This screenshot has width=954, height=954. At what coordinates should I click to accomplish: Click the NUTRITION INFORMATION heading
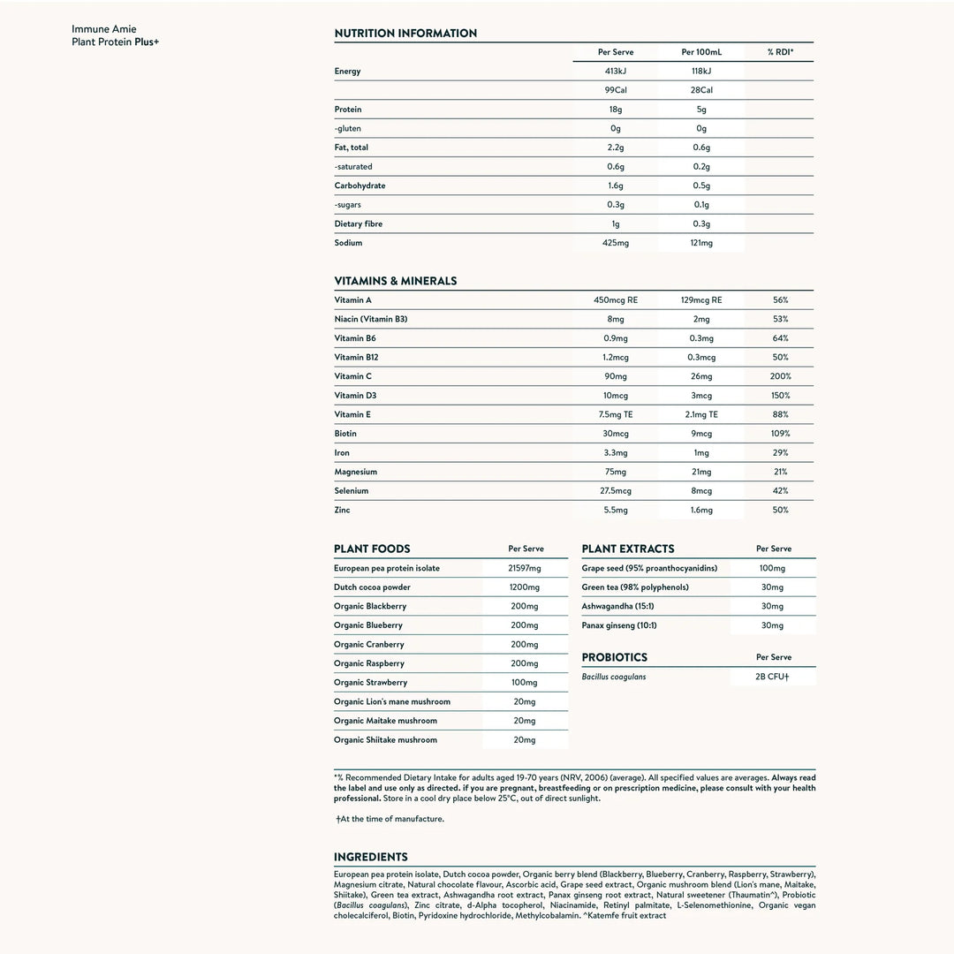(x=405, y=34)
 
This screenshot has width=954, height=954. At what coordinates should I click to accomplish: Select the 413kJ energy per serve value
(x=615, y=72)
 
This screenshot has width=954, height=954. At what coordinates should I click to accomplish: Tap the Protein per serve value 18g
(x=615, y=110)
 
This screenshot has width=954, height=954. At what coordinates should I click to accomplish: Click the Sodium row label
(x=348, y=243)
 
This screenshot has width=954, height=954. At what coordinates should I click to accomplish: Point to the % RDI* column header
(x=780, y=52)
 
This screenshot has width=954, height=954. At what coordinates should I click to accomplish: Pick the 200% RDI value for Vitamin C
(x=780, y=376)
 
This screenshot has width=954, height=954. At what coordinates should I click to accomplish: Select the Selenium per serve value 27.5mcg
(x=615, y=491)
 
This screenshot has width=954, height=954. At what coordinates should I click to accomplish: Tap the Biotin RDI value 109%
(x=780, y=434)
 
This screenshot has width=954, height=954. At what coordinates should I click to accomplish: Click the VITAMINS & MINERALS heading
(x=396, y=281)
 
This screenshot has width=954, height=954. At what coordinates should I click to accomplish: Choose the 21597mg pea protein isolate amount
(x=525, y=569)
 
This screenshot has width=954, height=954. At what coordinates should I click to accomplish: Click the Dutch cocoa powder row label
(x=372, y=587)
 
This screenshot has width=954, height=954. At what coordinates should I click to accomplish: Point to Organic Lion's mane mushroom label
(x=392, y=702)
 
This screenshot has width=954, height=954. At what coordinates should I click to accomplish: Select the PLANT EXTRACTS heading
(x=628, y=549)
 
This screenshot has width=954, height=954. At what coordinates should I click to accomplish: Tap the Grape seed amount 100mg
(x=772, y=569)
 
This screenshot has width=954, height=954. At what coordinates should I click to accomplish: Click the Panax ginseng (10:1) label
(x=619, y=625)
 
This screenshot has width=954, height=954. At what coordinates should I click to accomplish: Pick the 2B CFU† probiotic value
(x=772, y=678)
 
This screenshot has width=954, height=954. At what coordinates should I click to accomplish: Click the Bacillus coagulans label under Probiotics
(x=614, y=678)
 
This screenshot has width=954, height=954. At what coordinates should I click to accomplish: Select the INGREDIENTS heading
(x=371, y=857)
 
